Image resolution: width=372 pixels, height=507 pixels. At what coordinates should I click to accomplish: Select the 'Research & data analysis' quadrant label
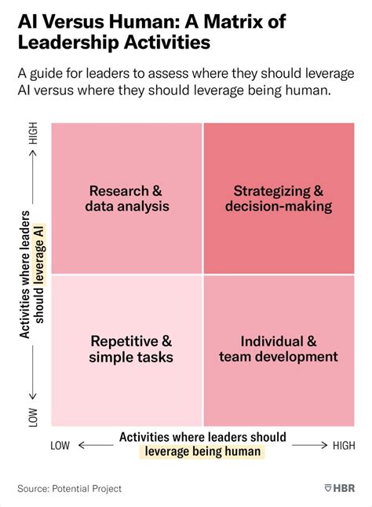click(x=126, y=199)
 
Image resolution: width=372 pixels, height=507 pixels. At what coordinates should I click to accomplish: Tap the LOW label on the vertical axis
click(x=33, y=417)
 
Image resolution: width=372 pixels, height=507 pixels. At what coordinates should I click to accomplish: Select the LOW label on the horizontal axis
click(x=60, y=446)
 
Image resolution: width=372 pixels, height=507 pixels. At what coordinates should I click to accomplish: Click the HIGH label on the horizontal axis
click(x=343, y=446)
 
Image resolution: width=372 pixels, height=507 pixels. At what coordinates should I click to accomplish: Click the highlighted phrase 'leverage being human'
click(x=202, y=452)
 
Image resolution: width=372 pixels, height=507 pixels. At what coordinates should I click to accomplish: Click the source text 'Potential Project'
click(x=88, y=488)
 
